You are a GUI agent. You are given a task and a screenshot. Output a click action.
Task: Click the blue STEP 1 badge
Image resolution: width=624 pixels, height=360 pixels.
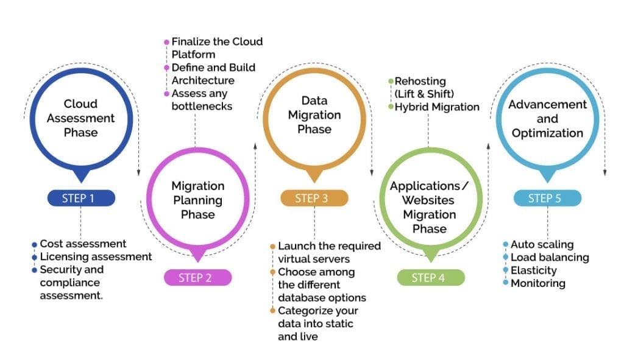pyautogui.click(x=80, y=197)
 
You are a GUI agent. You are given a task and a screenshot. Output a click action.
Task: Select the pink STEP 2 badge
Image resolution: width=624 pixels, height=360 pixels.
pyautogui.click(x=197, y=278)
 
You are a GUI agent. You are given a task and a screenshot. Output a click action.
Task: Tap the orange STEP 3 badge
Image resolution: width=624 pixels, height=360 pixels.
pyautogui.click(x=314, y=198)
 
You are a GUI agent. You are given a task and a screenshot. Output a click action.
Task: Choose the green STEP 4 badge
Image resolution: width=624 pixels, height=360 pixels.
pyautogui.click(x=431, y=278)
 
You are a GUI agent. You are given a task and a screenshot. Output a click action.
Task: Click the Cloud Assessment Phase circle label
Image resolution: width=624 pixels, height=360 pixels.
pyautogui.click(x=80, y=118)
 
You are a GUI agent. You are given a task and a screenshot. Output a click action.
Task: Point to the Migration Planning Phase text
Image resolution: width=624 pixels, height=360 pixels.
pyautogui.click(x=197, y=200)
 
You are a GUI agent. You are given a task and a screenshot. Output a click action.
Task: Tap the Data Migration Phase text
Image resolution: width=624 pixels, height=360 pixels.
pyautogui.click(x=314, y=115)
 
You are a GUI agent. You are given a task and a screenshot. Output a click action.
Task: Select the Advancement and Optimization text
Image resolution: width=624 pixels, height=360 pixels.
pyautogui.click(x=547, y=119)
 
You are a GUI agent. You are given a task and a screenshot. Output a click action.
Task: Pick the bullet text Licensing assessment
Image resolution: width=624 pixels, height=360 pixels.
pyautogui.click(x=96, y=256)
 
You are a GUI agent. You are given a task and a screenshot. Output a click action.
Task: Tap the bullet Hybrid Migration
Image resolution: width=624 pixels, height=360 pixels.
pyautogui.click(x=437, y=107)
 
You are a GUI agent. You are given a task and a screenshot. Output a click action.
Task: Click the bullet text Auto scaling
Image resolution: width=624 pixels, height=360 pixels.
pyautogui.click(x=542, y=244)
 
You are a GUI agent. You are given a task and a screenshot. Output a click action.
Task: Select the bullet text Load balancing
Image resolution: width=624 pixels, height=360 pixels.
pyautogui.click(x=550, y=257)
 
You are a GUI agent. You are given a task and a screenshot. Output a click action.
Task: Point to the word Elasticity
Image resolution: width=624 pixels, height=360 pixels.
pyautogui.click(x=533, y=270)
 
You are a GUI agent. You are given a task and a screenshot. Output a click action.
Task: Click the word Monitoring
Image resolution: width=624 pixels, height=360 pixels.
pyautogui.click(x=537, y=283)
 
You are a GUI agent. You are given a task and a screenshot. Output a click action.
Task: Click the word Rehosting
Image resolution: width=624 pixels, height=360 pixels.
pyautogui.click(x=420, y=81)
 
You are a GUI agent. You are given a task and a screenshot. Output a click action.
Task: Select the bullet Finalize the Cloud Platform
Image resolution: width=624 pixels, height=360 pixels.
pyautogui.click(x=216, y=48)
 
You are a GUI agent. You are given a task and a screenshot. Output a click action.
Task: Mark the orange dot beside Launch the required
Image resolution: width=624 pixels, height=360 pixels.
pyautogui.click(x=273, y=247)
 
